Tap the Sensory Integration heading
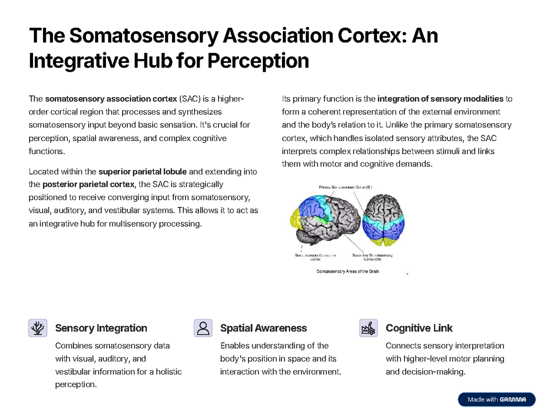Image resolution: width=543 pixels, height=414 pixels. (x=101, y=328)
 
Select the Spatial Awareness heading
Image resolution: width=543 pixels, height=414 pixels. (x=263, y=328)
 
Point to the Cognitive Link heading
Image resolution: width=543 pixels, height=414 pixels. (x=419, y=328)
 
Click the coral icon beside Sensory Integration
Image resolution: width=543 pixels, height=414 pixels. (x=38, y=328)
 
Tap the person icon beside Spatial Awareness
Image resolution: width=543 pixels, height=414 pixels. (x=203, y=328)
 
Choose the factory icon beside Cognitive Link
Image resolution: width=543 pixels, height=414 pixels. (x=369, y=328)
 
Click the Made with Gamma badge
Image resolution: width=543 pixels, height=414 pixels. (x=496, y=399)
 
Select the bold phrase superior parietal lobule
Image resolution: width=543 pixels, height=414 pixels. (x=142, y=172)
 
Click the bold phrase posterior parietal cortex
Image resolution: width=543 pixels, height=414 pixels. (x=89, y=184)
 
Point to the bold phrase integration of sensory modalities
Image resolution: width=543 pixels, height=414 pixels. (x=440, y=99)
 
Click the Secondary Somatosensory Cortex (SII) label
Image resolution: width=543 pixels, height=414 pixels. (x=372, y=257)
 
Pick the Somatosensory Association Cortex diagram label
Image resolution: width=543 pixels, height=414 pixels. (x=315, y=257)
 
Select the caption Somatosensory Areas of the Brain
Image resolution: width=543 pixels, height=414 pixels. (x=348, y=272)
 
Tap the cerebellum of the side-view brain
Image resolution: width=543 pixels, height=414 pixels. (x=304, y=236)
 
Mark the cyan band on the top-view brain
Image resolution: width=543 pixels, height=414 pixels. (x=385, y=220)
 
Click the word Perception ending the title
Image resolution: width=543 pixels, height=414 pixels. (x=258, y=61)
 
